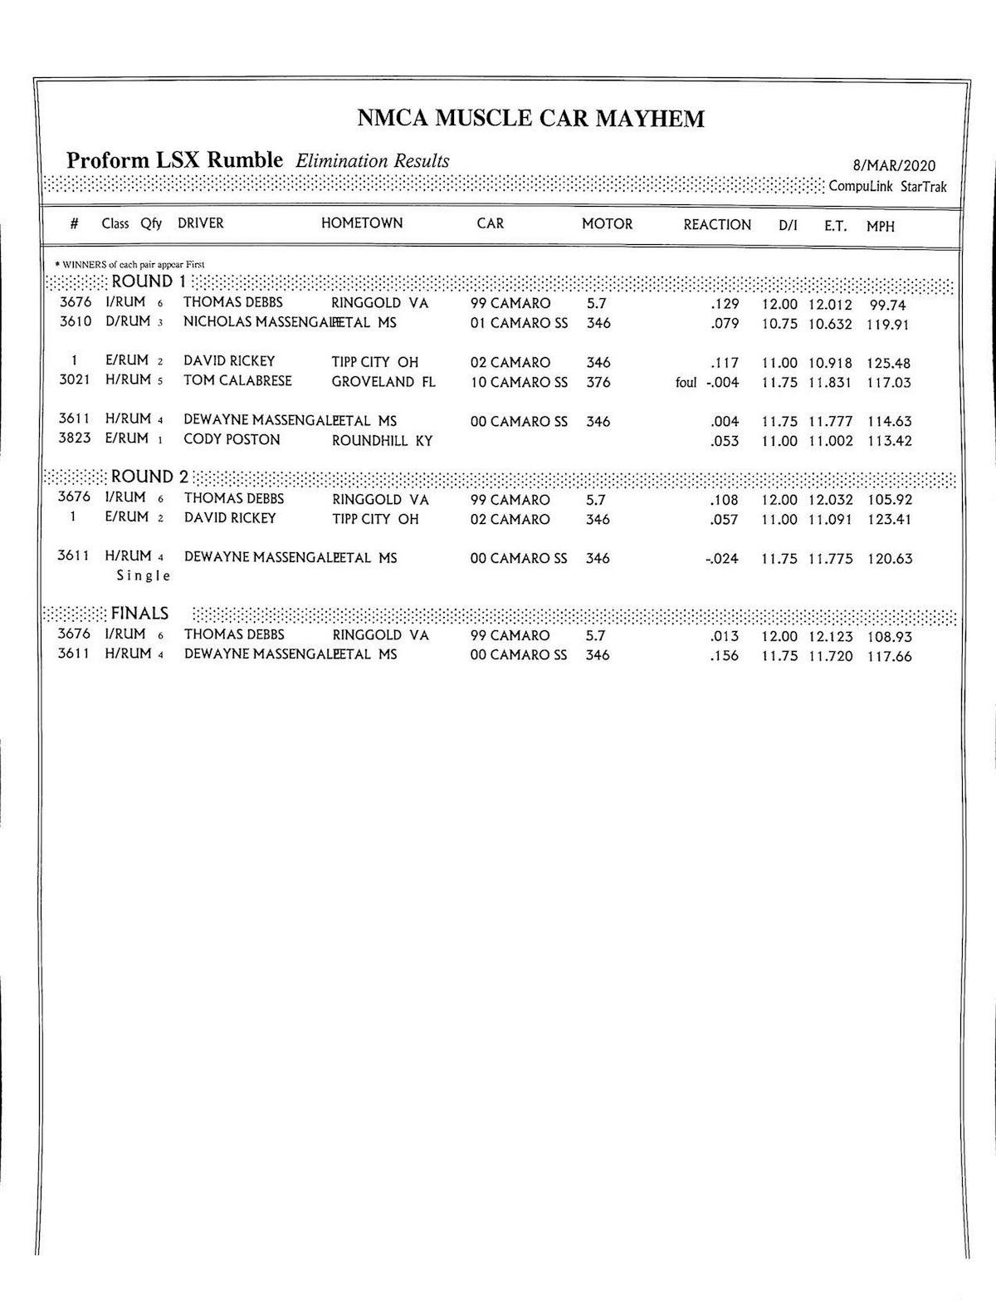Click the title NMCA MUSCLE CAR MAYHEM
[530, 118]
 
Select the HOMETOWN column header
[362, 223]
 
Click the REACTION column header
[717, 225]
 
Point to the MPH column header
[881, 226]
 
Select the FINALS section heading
[139, 614]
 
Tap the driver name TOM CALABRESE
[237, 381]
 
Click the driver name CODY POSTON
[232, 440]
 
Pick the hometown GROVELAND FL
[383, 382]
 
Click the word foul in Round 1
[686, 383]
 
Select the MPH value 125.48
[890, 363]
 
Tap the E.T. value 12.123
[831, 637]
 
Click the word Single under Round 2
[144, 575]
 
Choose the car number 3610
[76, 321]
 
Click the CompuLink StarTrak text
[887, 187]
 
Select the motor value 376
[598, 383]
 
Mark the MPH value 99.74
[888, 305]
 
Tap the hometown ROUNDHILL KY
[383, 441]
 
